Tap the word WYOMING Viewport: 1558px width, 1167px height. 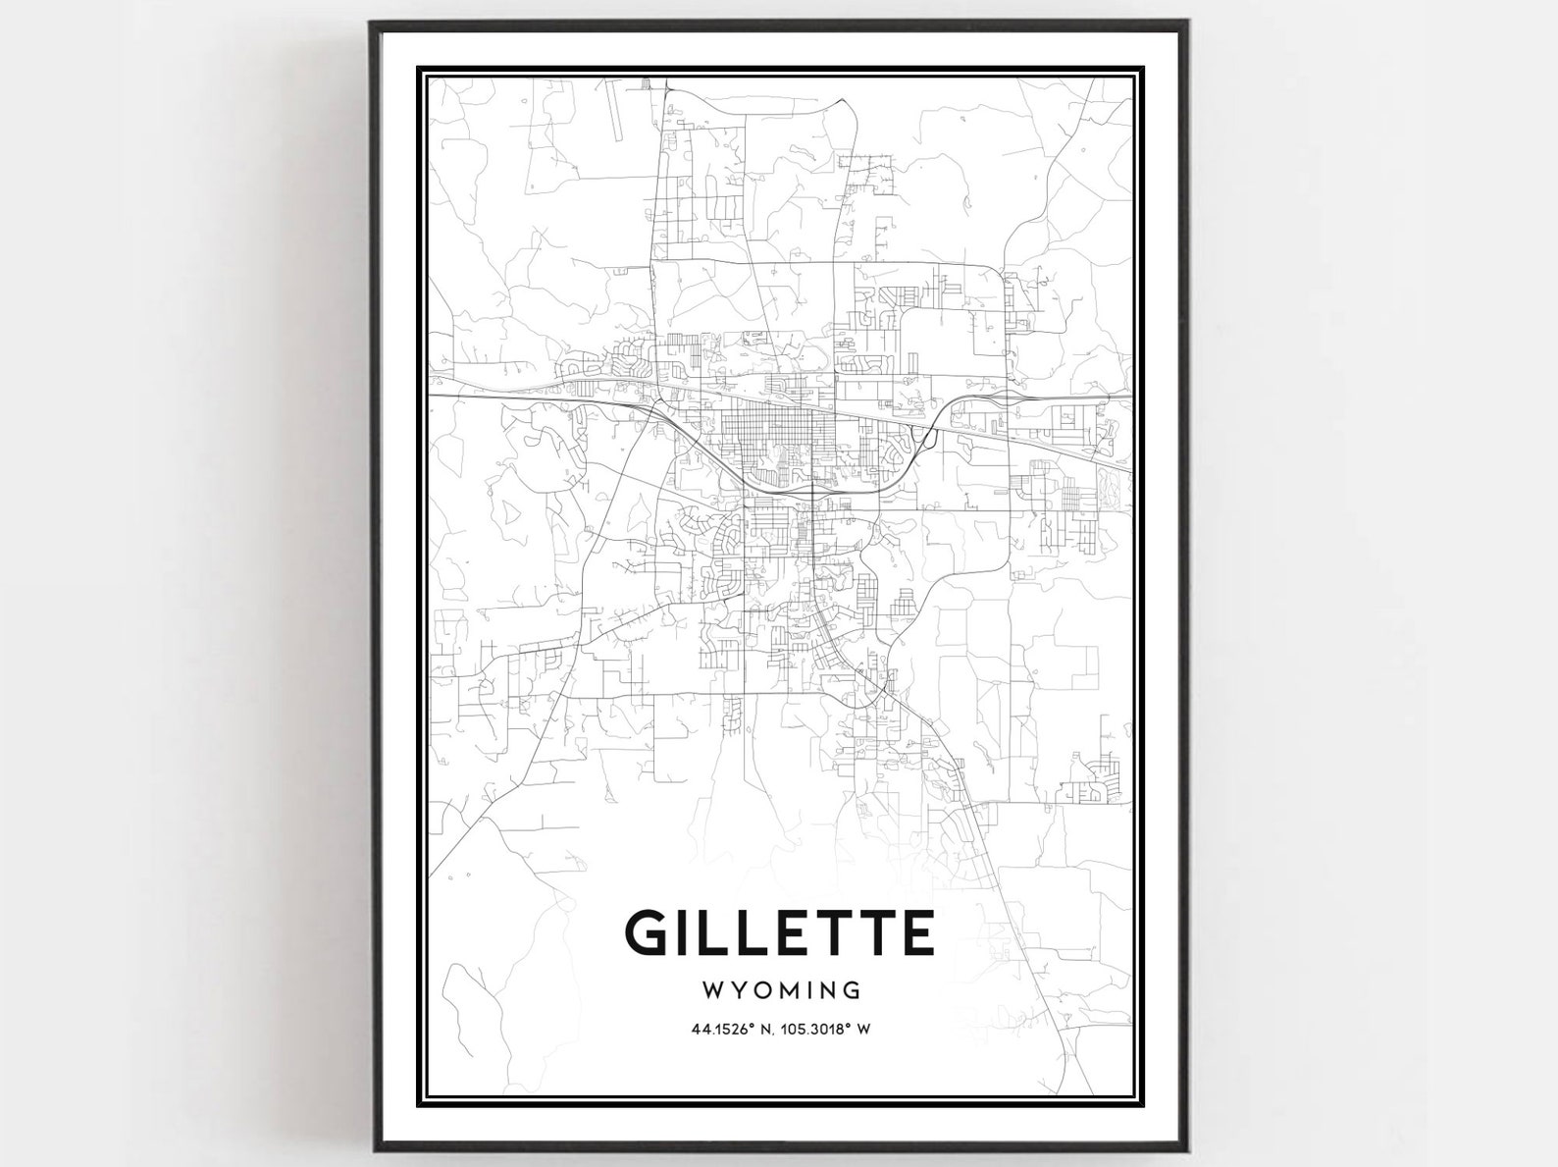[782, 989]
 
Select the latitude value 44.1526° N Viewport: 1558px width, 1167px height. [730, 1030]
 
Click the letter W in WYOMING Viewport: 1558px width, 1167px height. [712, 989]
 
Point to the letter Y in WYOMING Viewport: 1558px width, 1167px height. [739, 989]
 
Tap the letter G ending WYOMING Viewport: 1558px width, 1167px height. [852, 989]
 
